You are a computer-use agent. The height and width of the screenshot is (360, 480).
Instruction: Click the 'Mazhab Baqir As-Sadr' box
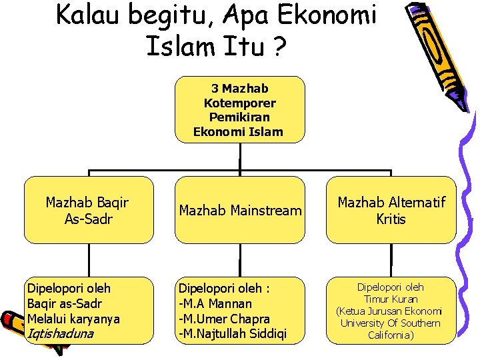(88, 210)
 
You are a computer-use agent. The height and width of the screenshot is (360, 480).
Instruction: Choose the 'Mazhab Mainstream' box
(239, 211)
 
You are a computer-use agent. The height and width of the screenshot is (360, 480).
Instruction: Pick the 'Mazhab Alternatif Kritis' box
(391, 210)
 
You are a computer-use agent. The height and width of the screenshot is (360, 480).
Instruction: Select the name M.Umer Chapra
(224, 319)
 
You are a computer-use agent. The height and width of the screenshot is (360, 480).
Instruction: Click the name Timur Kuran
(391, 299)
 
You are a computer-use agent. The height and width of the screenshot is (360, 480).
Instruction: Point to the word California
(391, 335)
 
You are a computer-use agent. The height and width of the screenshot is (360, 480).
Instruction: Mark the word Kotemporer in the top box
(239, 103)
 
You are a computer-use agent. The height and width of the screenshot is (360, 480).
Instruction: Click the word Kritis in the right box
(391, 219)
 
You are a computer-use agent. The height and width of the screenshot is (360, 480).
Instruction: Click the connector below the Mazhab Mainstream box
(239, 260)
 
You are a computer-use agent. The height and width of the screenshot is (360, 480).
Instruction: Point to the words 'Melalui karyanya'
(73, 319)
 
